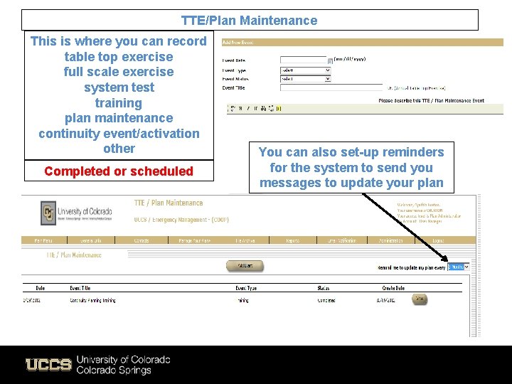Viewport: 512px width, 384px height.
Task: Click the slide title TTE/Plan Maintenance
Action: coord(249,21)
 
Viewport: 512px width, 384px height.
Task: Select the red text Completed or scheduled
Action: coord(119,171)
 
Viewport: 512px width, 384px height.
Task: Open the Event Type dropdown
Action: coord(305,70)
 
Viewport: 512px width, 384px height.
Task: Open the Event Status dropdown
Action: coord(305,79)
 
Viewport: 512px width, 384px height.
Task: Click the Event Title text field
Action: coord(331,88)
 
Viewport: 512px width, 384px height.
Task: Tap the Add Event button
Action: coord(245,266)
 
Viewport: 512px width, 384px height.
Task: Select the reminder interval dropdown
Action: coord(458,267)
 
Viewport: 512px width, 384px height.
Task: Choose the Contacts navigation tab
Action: coord(142,241)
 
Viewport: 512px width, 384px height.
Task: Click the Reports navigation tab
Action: coord(292,241)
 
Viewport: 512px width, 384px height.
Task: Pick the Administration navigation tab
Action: coord(391,241)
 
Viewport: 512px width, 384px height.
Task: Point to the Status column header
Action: coord(324,288)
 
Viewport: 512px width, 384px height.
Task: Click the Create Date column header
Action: coord(393,288)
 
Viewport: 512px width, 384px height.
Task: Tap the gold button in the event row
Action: coord(420,299)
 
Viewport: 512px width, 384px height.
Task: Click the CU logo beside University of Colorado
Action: coord(48,212)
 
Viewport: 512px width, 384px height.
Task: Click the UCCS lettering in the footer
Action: coord(48,365)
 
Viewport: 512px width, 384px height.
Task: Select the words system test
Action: coord(119,87)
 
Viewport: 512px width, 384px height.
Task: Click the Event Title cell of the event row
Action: coord(92,300)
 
